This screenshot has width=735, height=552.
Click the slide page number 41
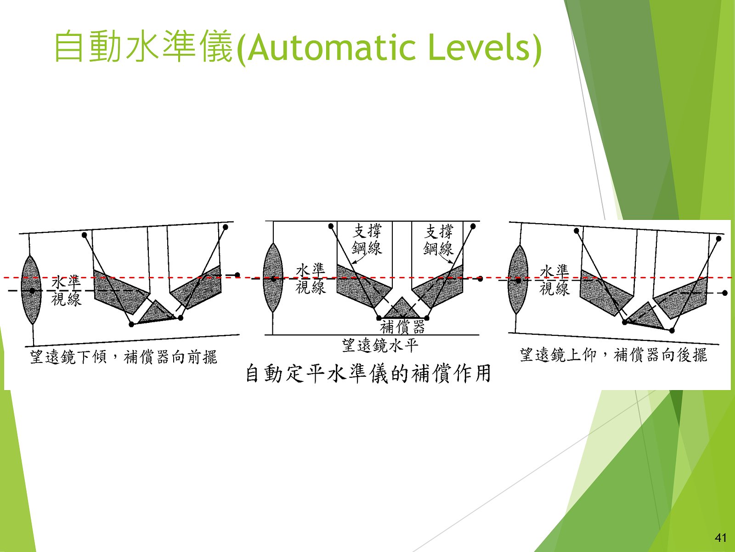720,538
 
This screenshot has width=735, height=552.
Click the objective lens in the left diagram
31,290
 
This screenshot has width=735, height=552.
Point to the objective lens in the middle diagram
273,278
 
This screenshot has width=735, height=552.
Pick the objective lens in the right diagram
518,280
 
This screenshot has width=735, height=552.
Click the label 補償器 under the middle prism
402,327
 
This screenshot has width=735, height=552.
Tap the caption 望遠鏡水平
380,345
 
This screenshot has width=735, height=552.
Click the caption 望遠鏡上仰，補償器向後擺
613,355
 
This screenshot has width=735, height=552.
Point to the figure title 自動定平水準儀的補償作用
368,374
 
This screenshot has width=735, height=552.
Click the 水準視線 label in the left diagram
66,291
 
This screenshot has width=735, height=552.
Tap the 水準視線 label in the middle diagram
310,279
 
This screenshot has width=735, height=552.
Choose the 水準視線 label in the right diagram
554,280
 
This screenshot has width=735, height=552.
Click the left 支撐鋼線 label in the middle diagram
367,240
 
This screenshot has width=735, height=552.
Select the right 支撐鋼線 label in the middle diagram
438,240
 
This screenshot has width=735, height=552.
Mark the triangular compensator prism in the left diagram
158,313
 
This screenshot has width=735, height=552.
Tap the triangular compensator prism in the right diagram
645,317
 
